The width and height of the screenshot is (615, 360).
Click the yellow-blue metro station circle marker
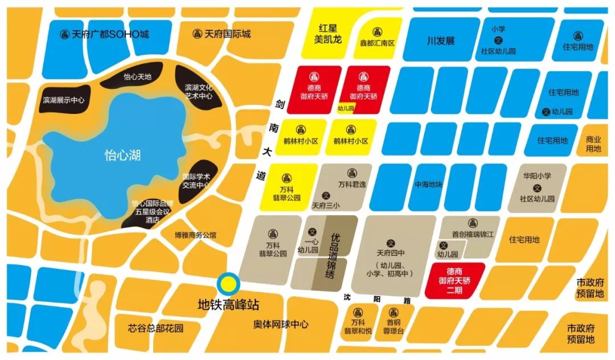click(x=228, y=283)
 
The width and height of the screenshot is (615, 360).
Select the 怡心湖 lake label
click(x=122, y=154)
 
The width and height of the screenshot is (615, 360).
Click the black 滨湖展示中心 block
click(x=63, y=100)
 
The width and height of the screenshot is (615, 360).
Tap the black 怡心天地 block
click(x=137, y=76)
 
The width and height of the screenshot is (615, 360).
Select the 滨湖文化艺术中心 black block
click(x=199, y=92)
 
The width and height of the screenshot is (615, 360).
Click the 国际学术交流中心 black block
click(x=196, y=182)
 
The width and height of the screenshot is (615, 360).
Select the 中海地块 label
click(x=428, y=185)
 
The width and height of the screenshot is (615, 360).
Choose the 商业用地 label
click(x=593, y=144)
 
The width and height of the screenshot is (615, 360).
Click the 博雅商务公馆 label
click(x=196, y=235)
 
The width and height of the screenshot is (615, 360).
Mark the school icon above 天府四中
click(x=390, y=242)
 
